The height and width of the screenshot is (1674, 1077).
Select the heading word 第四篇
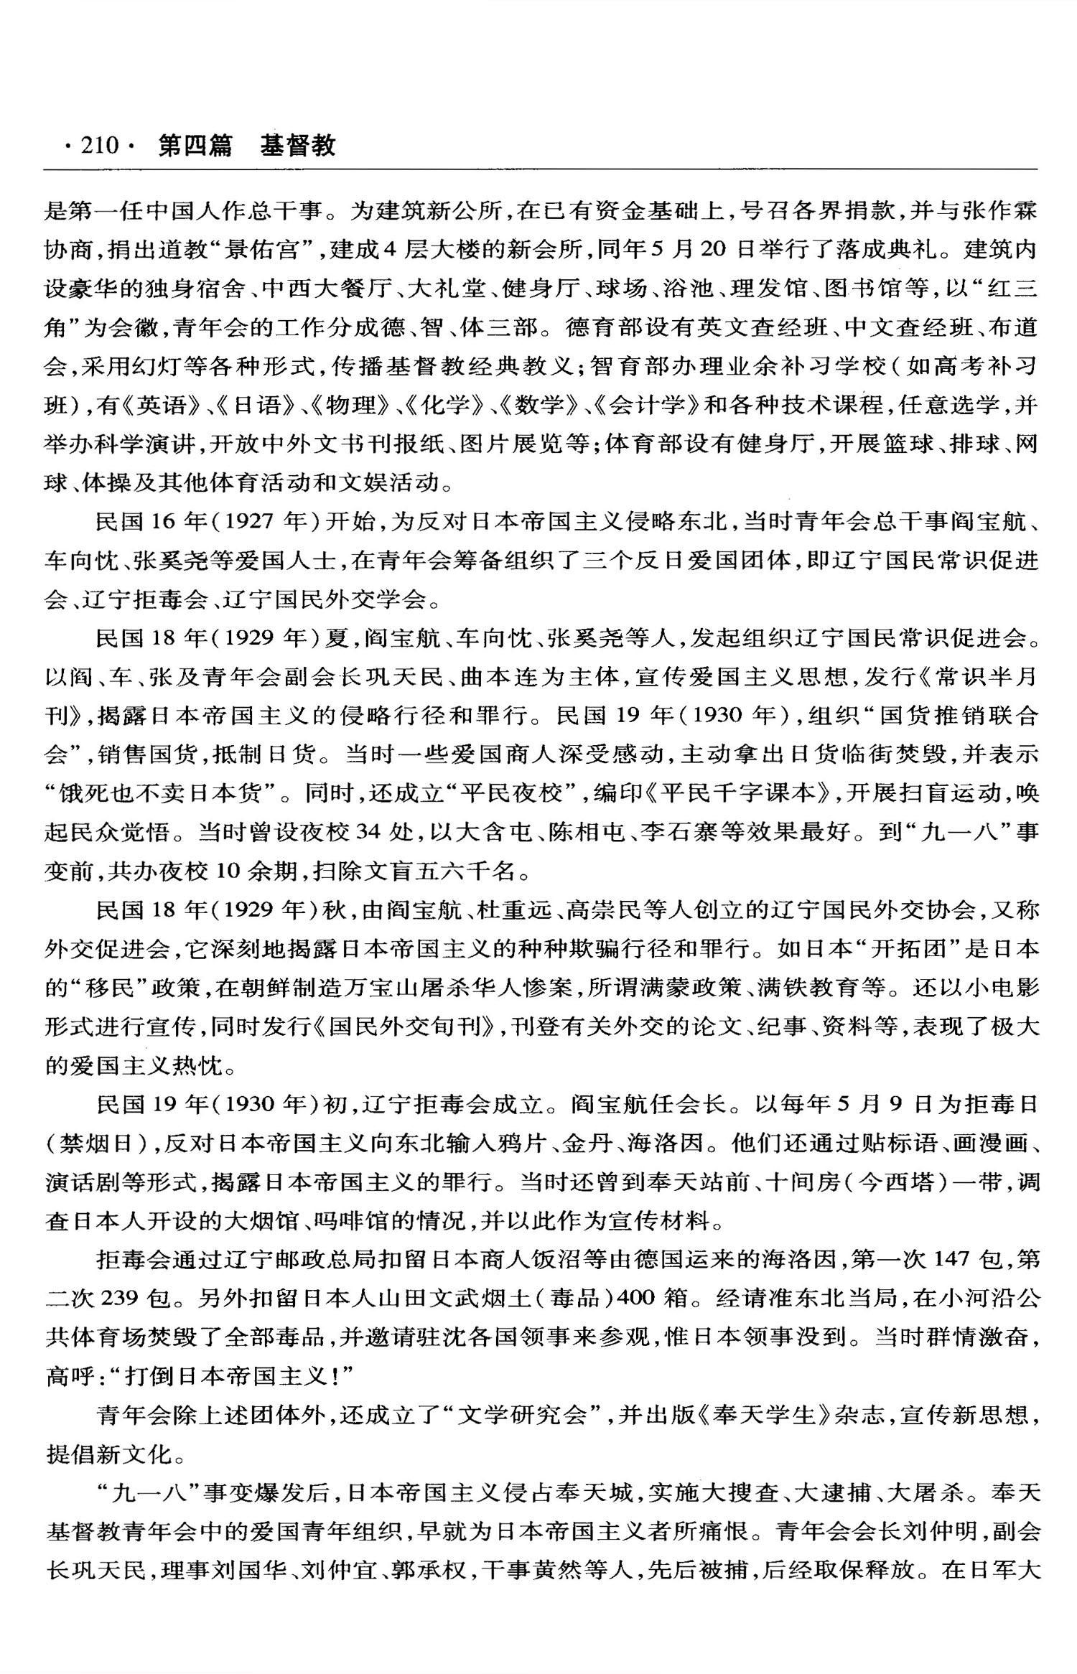coord(195,146)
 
